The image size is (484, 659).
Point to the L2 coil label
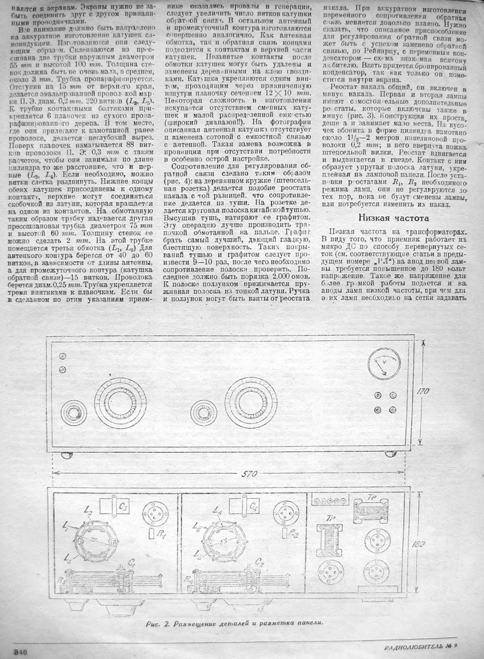[x=87, y=510]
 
